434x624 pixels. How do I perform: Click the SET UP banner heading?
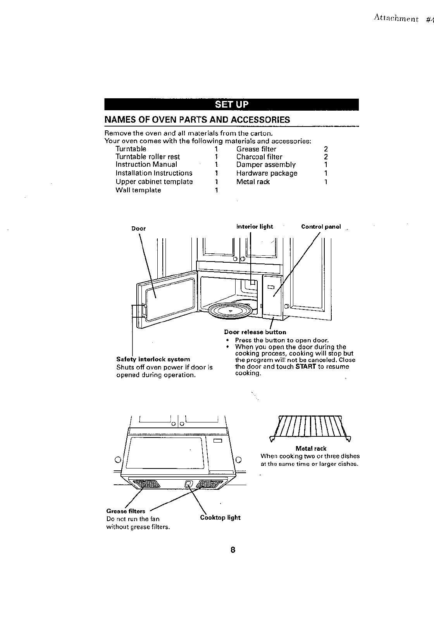tap(231, 104)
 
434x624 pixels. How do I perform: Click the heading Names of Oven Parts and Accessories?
tap(197, 120)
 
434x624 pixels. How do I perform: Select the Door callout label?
tap(138, 229)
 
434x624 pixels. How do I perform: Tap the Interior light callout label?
tap(255, 227)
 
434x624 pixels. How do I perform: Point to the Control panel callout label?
tap(321, 227)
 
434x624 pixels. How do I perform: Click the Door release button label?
tap(255, 332)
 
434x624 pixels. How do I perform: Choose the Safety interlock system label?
tap(153, 359)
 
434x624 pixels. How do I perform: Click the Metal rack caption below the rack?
tap(311, 448)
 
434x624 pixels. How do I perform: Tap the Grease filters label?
tap(126, 511)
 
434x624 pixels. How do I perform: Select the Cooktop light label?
tap(220, 518)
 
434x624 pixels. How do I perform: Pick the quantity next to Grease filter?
tap(326, 149)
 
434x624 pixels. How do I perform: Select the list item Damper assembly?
tap(266, 165)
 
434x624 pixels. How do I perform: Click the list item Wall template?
tap(138, 190)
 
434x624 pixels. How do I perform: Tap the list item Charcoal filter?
tap(259, 157)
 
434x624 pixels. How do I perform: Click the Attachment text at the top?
tap(396, 19)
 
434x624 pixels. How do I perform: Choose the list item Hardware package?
tap(267, 173)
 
